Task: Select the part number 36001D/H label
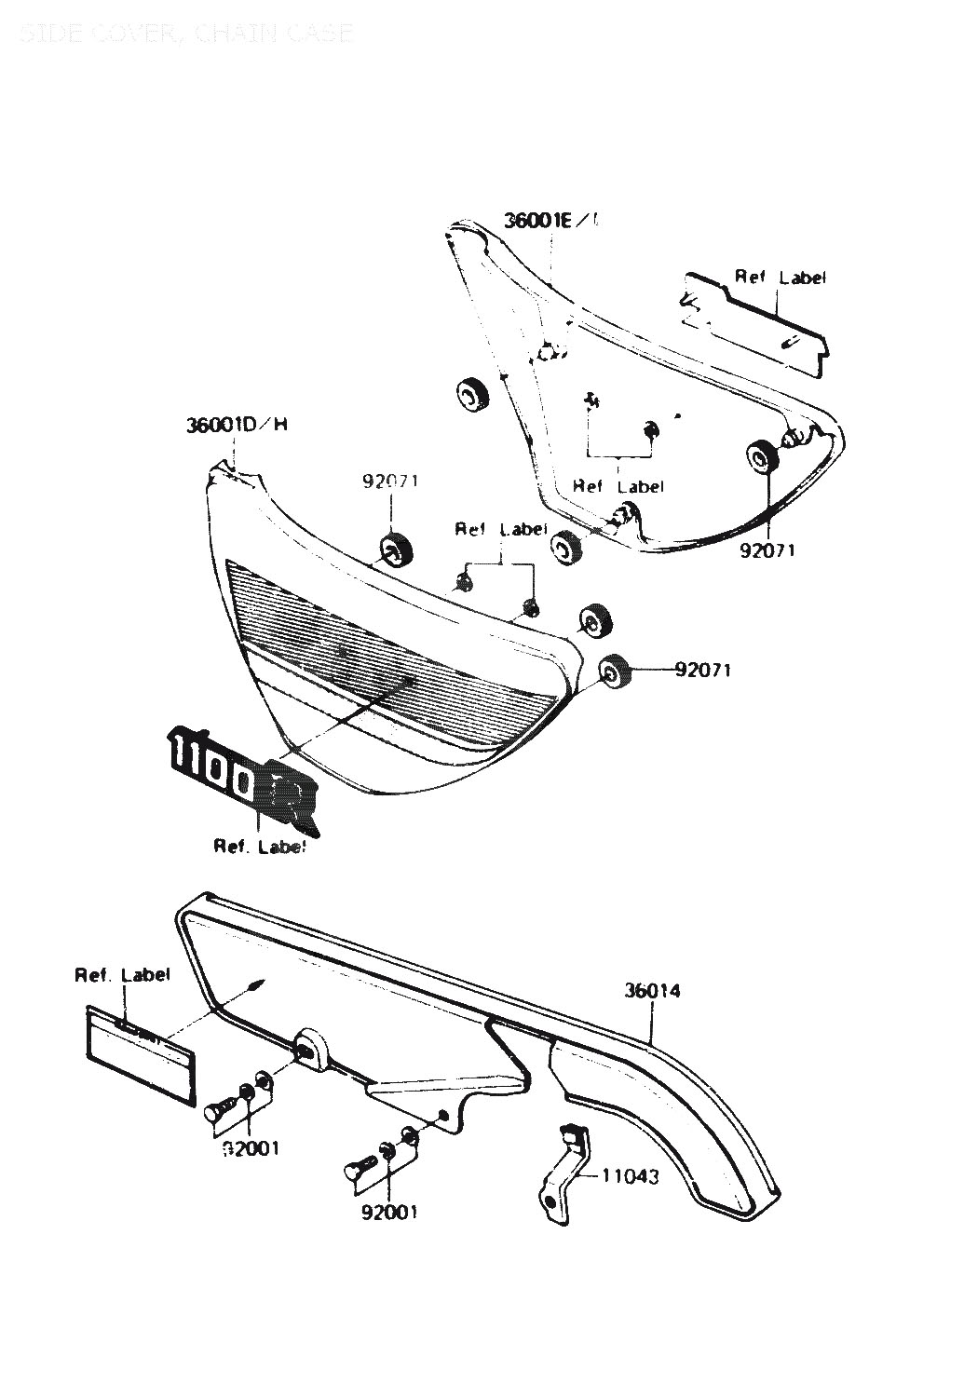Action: coord(237,426)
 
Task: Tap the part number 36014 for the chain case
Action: coord(652,991)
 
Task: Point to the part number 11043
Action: coord(631,1177)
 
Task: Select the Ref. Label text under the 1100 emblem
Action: coord(260,847)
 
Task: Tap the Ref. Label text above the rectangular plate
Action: coord(123,975)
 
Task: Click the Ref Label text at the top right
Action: coord(780,277)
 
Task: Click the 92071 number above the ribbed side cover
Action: coord(390,481)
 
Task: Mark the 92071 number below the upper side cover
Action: coord(767,549)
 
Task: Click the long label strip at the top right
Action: coord(754,321)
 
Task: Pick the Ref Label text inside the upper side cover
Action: coord(618,486)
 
